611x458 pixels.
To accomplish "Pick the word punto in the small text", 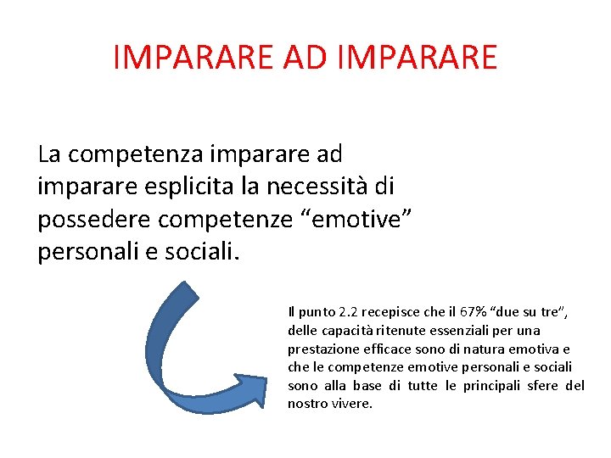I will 314,313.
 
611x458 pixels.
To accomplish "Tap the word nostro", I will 308,403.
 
